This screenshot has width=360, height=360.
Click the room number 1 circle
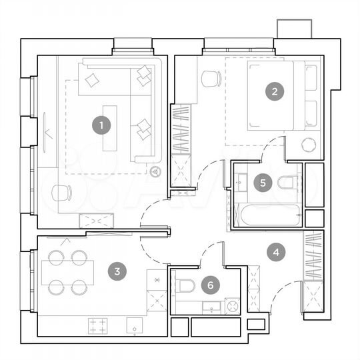coord(101,124)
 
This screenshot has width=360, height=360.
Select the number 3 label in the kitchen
coord(117,271)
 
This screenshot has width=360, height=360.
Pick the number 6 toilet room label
coord(211,285)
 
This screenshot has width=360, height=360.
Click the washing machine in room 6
coord(232,307)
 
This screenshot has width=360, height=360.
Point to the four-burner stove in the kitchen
coord(98,326)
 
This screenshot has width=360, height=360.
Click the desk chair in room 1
coord(61,193)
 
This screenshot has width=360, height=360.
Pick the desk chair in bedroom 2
coord(211,79)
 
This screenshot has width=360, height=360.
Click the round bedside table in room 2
coord(308,143)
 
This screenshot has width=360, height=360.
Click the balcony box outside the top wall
coord(295,29)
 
